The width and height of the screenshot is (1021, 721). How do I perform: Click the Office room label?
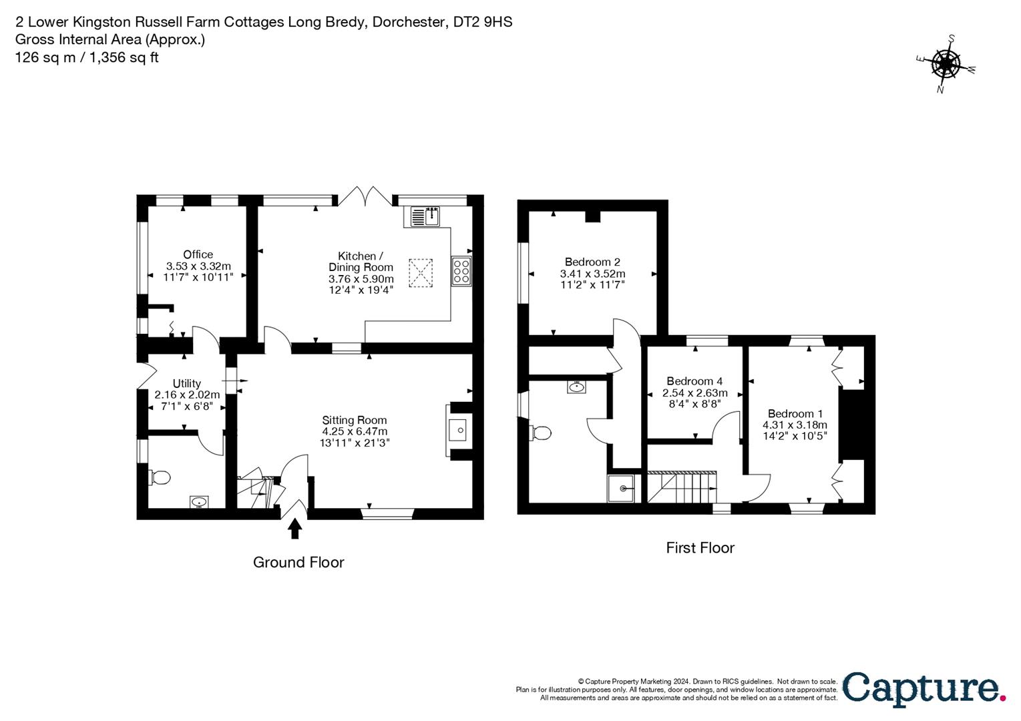click(x=198, y=254)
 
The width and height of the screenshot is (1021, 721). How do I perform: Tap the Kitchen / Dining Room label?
click(x=361, y=262)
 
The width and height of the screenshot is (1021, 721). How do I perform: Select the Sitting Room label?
click(x=354, y=420)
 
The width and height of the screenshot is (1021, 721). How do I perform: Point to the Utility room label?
click(x=186, y=383)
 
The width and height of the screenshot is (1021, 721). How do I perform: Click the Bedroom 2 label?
click(x=592, y=262)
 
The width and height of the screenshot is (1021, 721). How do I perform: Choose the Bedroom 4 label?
click(x=694, y=381)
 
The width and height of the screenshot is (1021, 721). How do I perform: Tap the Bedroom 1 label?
click(x=795, y=413)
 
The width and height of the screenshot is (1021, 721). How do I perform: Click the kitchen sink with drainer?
click(x=425, y=216)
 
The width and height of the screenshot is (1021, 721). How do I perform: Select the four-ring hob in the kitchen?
click(x=461, y=272)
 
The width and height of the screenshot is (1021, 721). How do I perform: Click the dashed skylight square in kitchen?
click(x=420, y=273)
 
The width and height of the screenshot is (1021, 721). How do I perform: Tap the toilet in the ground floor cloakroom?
click(x=160, y=477)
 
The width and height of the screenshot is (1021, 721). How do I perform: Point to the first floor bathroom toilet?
click(x=540, y=433)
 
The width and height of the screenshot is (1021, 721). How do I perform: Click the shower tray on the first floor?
click(x=621, y=488)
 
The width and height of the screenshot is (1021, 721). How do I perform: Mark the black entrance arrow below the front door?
click(x=295, y=528)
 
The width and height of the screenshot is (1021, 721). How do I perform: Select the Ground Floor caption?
click(x=298, y=562)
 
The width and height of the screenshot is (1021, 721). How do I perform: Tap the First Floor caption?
click(x=700, y=547)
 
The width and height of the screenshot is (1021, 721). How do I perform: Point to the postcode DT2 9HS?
click(x=483, y=21)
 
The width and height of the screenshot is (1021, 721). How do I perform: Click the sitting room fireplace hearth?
click(x=457, y=430)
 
